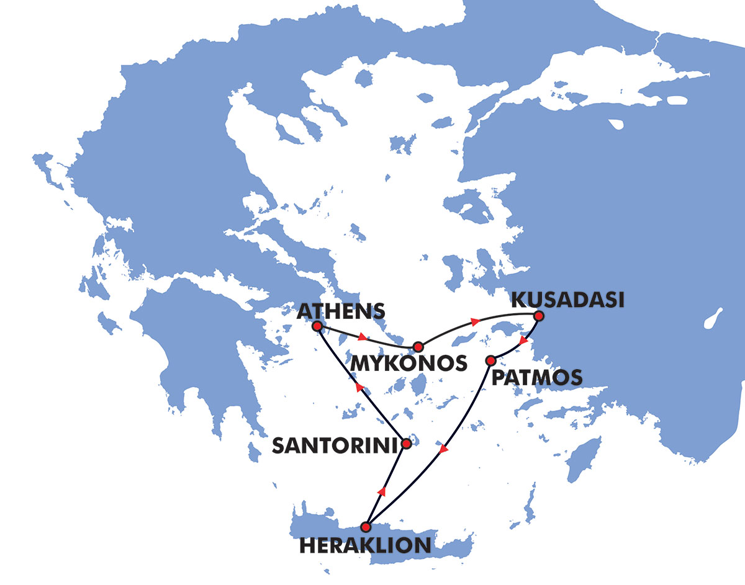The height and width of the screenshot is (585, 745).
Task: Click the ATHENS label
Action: pyautogui.click(x=341, y=311)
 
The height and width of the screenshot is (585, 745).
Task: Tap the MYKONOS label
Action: pyautogui.click(x=408, y=364)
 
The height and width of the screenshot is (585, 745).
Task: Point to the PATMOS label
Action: pyautogui.click(x=537, y=377)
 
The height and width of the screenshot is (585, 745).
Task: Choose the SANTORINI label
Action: pyautogui.click(x=334, y=445)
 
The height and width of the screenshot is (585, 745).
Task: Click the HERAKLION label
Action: pyautogui.click(x=365, y=545)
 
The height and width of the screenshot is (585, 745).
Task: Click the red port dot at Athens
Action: pyautogui.click(x=317, y=326)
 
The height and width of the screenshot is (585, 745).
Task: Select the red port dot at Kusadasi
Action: pyautogui.click(x=538, y=316)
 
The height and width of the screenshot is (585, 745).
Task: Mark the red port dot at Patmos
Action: pyautogui.click(x=490, y=360)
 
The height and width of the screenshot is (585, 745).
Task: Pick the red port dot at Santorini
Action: pyautogui.click(x=407, y=444)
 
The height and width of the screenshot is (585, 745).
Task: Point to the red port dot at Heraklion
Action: pyautogui.click(x=366, y=527)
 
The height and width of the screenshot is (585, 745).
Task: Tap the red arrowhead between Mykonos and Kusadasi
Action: pyautogui.click(x=476, y=322)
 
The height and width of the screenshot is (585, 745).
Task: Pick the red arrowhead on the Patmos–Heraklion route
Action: pyautogui.click(x=443, y=449)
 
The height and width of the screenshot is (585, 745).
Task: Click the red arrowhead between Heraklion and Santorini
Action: pyautogui.click(x=382, y=491)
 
